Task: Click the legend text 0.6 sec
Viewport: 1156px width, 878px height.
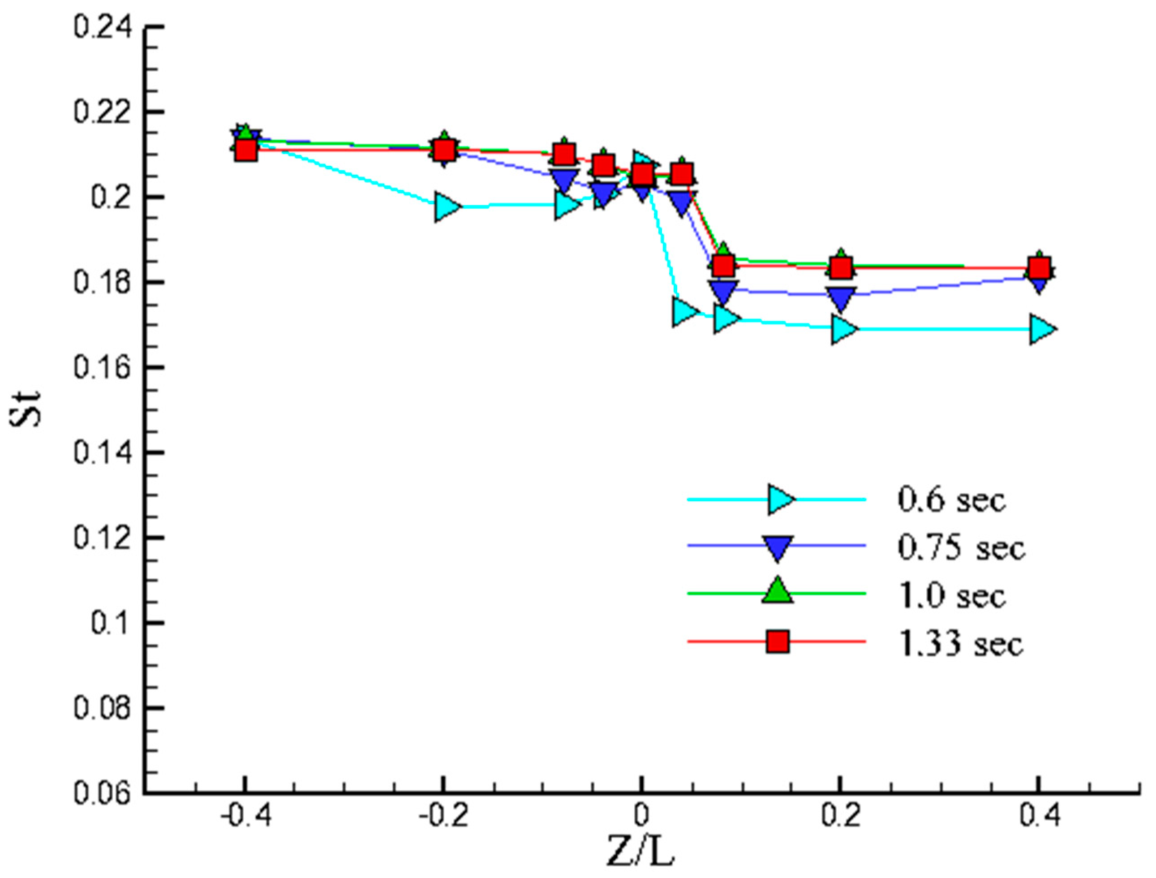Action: pyautogui.click(x=951, y=499)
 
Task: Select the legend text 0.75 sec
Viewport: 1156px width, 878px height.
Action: pyautogui.click(x=961, y=548)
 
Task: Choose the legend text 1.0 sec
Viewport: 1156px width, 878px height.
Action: pyautogui.click(x=951, y=596)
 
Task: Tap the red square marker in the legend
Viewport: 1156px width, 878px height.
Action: pyautogui.click(x=778, y=642)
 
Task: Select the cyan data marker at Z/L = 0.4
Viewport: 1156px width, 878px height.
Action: pyautogui.click(x=1041, y=329)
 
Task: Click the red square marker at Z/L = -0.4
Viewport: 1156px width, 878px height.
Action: pyautogui.click(x=245, y=151)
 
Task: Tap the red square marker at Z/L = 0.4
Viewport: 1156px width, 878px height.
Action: pyautogui.click(x=1040, y=268)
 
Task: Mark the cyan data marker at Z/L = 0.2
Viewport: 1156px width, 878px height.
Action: pyautogui.click(x=842, y=329)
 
